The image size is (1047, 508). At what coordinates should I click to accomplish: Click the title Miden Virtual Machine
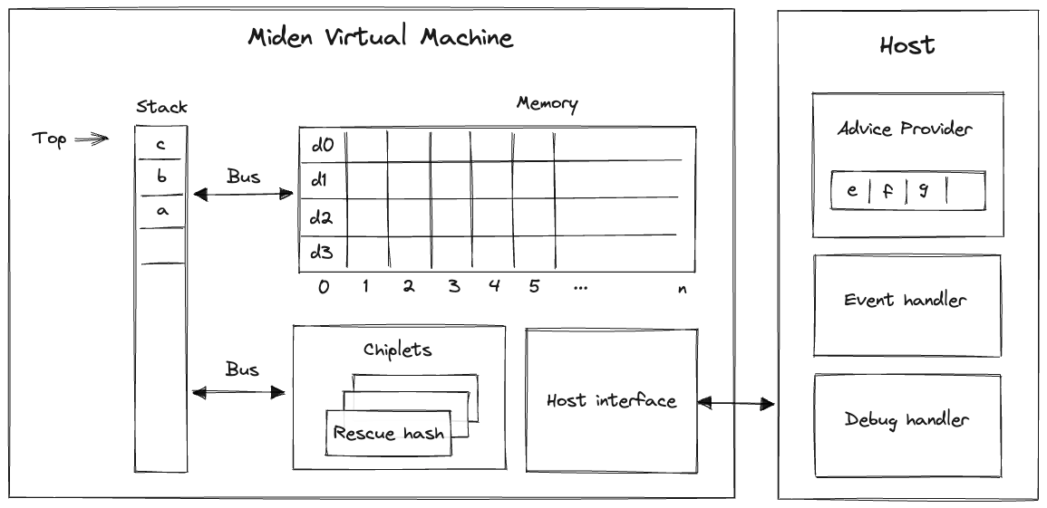[380, 38]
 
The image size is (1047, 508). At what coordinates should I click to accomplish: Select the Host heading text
[906, 45]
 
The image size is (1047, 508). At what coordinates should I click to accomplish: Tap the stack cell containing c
[160, 144]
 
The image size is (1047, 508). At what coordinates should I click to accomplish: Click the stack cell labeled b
[160, 177]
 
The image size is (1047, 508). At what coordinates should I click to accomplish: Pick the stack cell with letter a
[160, 211]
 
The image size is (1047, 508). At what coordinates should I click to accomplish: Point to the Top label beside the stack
[50, 139]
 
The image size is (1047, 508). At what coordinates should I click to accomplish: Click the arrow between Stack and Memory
[243, 194]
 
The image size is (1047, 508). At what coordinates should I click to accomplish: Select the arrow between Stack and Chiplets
[240, 392]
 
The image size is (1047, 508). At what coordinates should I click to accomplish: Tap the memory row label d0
[322, 145]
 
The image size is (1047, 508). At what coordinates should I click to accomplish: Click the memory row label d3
[322, 253]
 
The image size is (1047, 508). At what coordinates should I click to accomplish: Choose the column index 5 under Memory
[534, 287]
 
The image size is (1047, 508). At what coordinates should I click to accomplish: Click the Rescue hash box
[389, 433]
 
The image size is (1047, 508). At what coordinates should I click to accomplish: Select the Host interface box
[611, 400]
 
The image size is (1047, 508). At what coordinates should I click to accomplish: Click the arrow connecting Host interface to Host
[735, 402]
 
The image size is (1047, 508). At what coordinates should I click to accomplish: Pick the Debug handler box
[906, 420]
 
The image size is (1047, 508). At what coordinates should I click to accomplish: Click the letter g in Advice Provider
[924, 191]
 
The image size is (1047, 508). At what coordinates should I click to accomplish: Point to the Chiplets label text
[398, 350]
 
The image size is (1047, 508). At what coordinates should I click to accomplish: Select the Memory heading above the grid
[547, 103]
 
